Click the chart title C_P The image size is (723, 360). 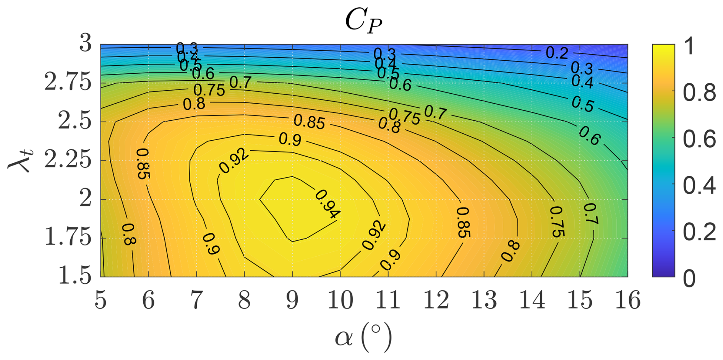coord(363,21)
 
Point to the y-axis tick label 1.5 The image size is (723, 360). coord(75,276)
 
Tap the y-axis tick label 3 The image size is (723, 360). coord(85,44)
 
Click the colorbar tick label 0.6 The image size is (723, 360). coord(699,139)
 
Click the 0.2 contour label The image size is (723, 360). coord(557,52)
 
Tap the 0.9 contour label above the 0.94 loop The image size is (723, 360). coord(290,139)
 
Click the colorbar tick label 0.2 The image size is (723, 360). coord(699,232)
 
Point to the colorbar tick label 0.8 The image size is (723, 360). coord(699,93)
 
